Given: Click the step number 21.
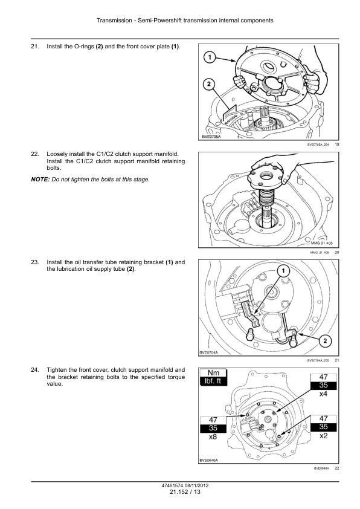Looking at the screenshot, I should pyautogui.click(x=34, y=47).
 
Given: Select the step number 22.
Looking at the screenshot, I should pyautogui.click(x=34, y=154).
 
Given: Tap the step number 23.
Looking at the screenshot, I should pyautogui.click(x=34, y=262).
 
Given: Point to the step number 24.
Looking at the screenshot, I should pyautogui.click(x=34, y=369).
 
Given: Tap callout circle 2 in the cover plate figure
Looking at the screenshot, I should pyautogui.click(x=208, y=85).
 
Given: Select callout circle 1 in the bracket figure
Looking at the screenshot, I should pyautogui.click(x=282, y=270).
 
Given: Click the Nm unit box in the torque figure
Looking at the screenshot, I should pyautogui.click(x=213, y=373).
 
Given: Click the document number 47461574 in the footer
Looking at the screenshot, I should pyautogui.click(x=168, y=485).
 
